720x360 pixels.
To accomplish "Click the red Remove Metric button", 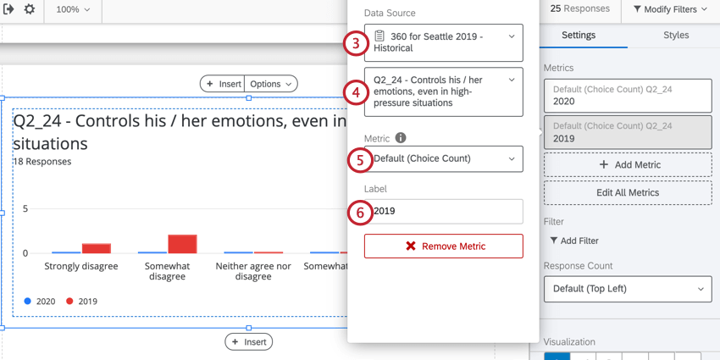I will tap(443, 246).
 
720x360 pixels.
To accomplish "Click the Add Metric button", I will tap(628, 164).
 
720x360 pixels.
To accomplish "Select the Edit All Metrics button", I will tap(628, 192).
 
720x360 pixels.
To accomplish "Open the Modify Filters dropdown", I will tap(669, 9).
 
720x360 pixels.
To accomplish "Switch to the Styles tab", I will tap(675, 36).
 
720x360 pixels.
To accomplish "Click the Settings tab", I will tap(579, 36).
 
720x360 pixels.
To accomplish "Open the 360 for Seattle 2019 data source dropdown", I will tap(443, 42).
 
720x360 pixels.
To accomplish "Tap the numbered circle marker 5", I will tap(360, 159).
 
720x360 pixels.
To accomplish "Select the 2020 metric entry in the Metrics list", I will tap(628, 95).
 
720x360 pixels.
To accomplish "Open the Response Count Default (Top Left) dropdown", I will tap(628, 289).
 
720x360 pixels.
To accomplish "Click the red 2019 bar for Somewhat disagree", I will tap(182, 244).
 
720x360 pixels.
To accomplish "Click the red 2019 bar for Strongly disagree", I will tap(96, 248).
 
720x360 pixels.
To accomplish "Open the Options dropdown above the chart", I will tap(271, 84).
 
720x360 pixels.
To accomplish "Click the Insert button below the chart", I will tap(248, 342).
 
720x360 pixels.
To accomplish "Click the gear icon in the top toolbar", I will tap(30, 9).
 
